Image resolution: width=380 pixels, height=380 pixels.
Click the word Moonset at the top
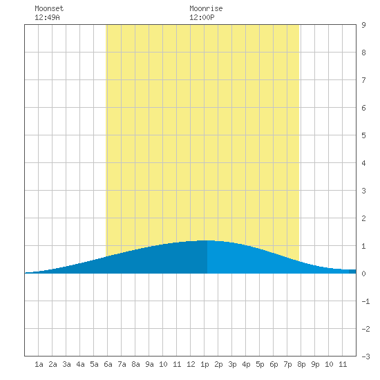tap(49, 8)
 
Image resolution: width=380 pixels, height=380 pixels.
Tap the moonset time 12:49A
tap(47, 17)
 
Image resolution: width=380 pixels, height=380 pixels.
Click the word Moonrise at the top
tap(206, 8)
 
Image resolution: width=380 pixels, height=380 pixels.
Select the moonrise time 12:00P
tap(202, 17)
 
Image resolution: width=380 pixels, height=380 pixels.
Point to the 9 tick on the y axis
tap(363, 25)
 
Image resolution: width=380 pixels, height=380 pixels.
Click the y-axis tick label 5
tap(363, 135)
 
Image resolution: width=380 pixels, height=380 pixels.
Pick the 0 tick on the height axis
tap(363, 274)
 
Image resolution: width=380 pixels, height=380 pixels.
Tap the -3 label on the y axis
tap(365, 357)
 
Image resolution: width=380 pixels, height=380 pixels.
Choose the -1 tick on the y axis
tap(365, 301)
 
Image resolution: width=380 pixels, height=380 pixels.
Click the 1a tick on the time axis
tap(39, 364)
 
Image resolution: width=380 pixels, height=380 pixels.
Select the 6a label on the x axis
tap(108, 364)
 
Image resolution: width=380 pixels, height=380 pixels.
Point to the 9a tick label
tap(149, 364)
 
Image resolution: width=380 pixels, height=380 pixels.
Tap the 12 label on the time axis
tap(191, 364)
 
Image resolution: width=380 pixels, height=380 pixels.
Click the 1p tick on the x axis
tap(205, 364)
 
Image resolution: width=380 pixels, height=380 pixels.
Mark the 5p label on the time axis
tap(260, 364)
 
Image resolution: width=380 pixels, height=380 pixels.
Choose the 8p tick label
tap(301, 364)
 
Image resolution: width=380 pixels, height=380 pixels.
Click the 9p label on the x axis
tap(315, 364)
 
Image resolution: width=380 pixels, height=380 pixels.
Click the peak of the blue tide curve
tap(207, 240)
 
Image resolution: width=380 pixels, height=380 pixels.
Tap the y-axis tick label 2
tap(363, 218)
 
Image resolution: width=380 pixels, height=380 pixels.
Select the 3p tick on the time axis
tap(232, 364)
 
